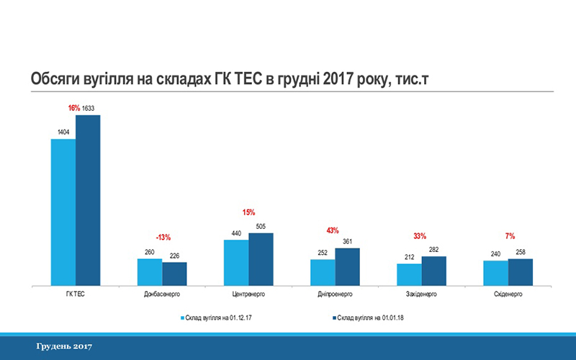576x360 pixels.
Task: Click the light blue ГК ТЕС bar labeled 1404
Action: coord(63,212)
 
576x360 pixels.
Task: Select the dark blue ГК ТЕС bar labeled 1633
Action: coord(88,200)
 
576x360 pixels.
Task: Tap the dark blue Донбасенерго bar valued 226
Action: coord(174,274)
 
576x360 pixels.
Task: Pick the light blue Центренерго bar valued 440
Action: coord(236,262)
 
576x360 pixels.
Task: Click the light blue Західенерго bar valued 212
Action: coord(409,274)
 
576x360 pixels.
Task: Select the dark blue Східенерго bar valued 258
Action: coord(520,271)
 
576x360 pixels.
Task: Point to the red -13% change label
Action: coord(163,237)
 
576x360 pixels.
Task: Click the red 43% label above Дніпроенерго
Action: coord(333,230)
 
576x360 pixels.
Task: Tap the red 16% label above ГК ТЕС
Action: coord(73,108)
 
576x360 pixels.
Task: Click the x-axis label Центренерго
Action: coord(248,294)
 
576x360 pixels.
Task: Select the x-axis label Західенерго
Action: coord(421,294)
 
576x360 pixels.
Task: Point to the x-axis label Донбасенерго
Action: coord(162,294)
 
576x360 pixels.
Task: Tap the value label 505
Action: coord(261,225)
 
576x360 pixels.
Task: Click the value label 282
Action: coord(433,249)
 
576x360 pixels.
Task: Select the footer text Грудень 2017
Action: coord(64,347)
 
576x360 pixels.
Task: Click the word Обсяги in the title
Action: coord(53,78)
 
